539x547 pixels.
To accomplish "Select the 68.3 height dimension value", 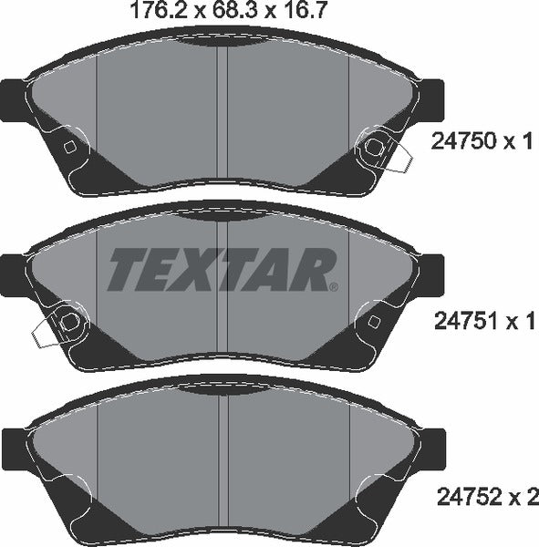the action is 234,11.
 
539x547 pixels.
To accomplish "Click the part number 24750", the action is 464,141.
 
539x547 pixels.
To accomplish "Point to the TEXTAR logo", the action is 223,269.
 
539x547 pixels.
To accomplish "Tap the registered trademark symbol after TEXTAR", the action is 334,287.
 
